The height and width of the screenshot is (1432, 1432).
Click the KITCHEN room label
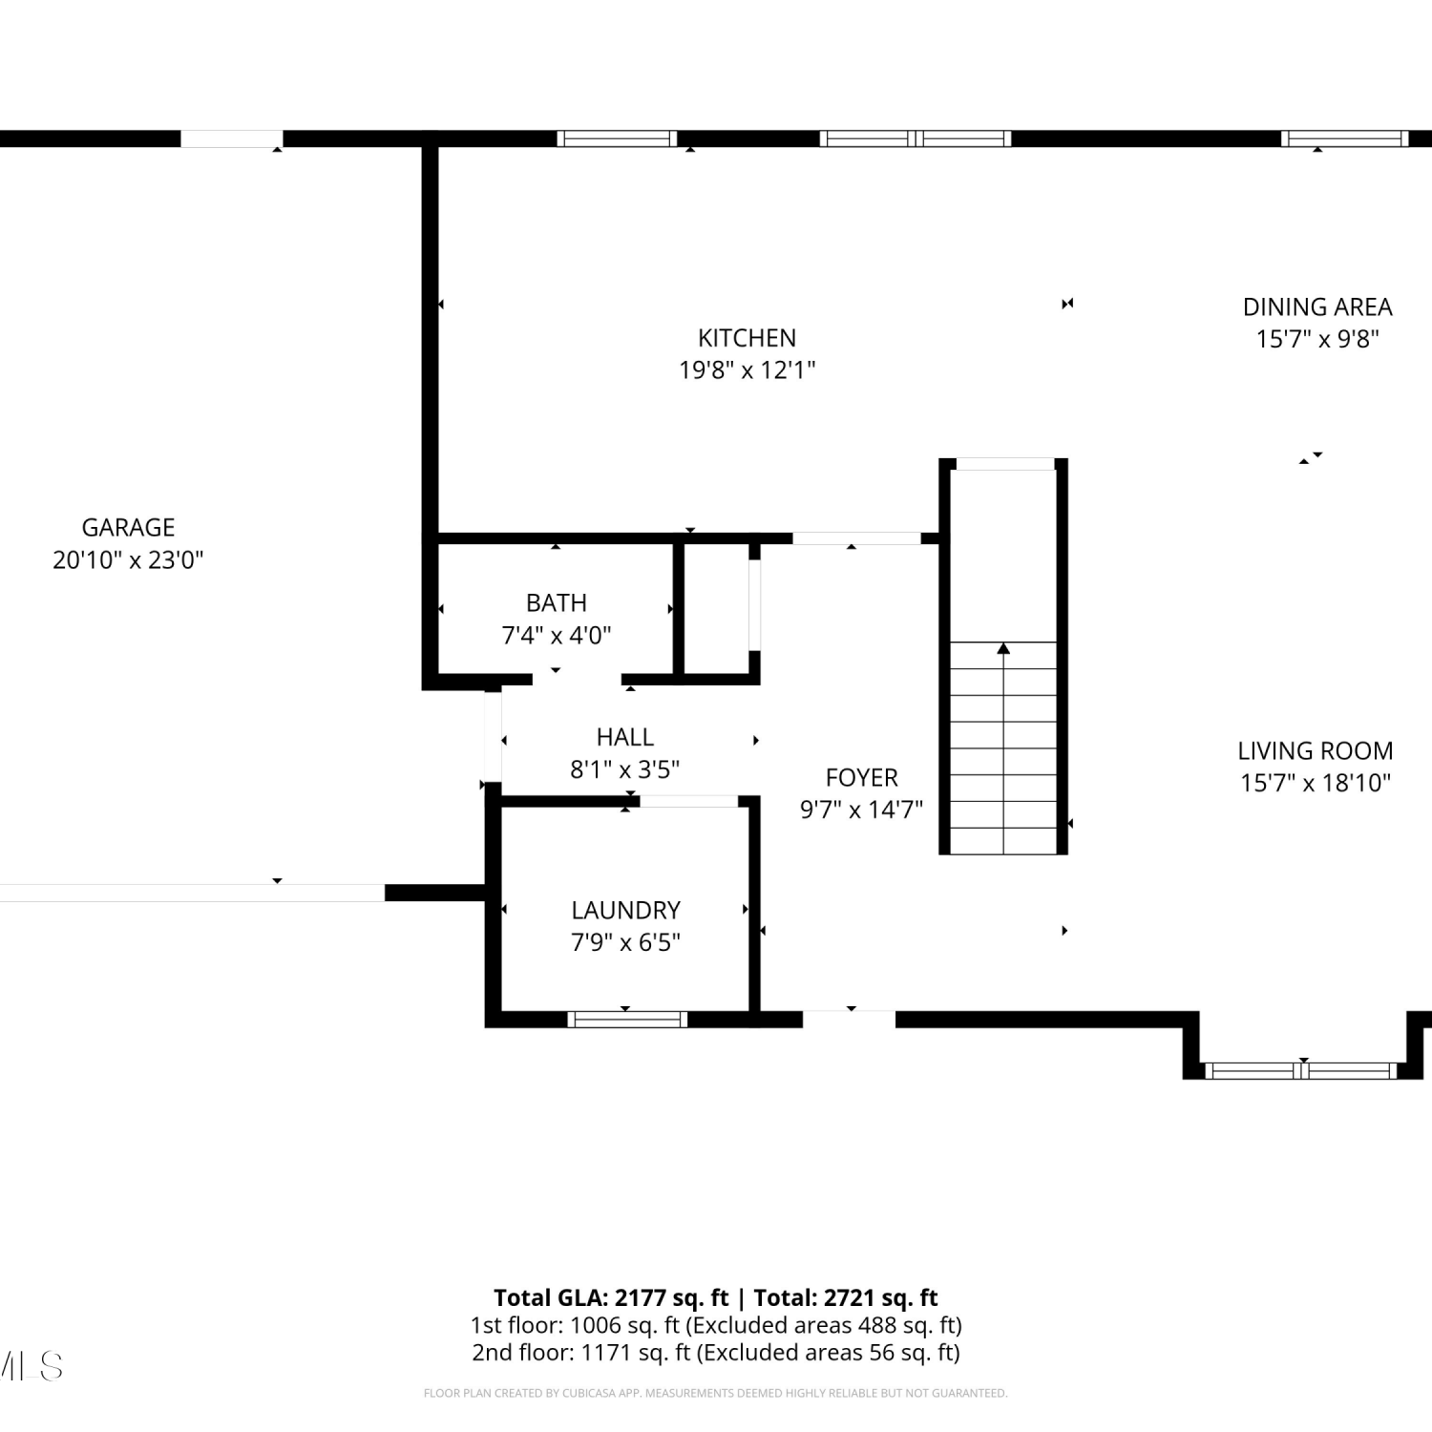(747, 338)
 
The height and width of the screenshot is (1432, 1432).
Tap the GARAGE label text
(128, 528)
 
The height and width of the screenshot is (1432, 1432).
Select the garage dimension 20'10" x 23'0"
(128, 560)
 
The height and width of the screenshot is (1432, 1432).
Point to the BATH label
(556, 603)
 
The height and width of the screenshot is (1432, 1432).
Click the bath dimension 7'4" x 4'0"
(557, 635)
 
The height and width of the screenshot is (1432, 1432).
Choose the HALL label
(625, 737)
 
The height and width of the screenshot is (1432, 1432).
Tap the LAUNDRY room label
(625, 911)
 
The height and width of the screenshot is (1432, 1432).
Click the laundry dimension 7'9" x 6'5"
(625, 942)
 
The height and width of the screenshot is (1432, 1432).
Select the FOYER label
(861, 778)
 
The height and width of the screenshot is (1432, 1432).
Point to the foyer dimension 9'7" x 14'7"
(861, 810)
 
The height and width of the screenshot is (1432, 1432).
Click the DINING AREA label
(1317, 307)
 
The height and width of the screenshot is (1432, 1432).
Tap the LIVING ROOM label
(1316, 751)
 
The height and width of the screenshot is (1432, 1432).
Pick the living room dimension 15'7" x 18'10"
(1316, 783)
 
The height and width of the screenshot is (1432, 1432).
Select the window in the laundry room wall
(627, 1020)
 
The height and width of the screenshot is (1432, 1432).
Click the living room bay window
(1303, 1071)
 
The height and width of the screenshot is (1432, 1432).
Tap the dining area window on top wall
(1345, 138)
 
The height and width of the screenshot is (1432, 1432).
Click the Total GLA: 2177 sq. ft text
(611, 1298)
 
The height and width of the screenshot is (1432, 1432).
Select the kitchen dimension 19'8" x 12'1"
(747, 369)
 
